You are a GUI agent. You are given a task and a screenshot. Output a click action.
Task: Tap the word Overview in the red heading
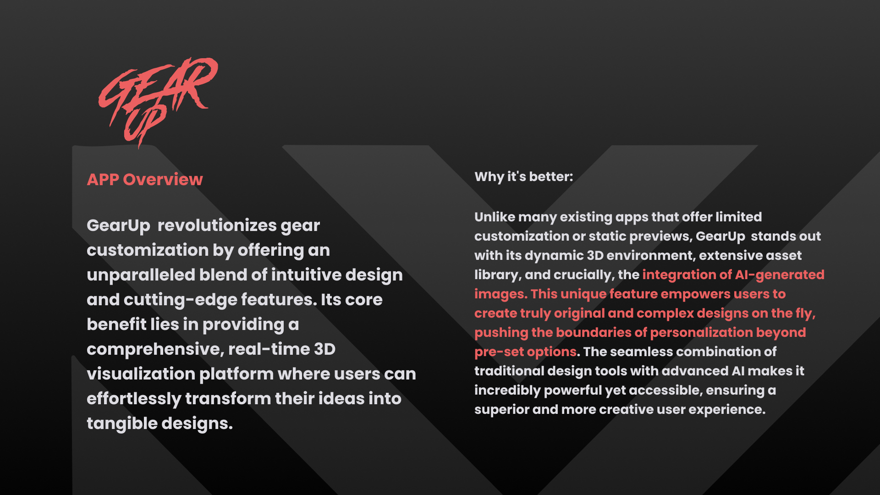163,179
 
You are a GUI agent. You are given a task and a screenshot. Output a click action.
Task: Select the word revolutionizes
217,225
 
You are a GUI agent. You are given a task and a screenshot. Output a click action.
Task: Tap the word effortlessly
134,399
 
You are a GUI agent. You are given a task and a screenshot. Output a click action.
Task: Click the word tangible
122,423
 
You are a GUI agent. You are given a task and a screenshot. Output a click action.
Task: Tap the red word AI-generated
780,275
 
